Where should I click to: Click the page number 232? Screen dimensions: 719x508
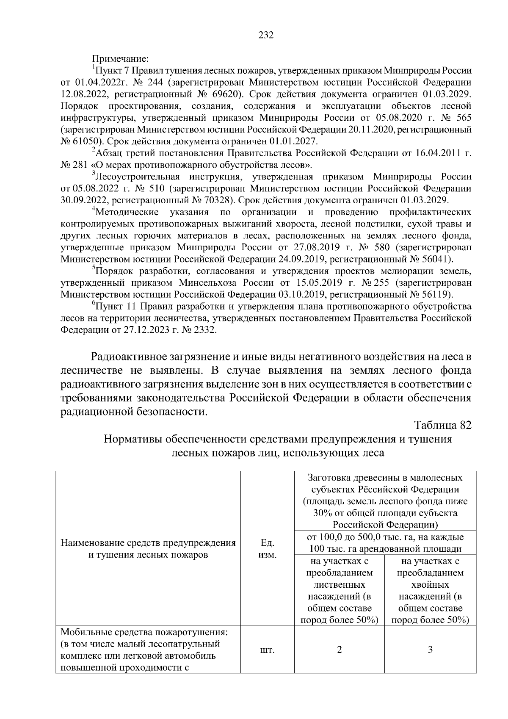point(266,35)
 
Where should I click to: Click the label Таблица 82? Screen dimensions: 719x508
point(443,425)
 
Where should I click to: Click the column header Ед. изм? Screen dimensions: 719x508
point(267,549)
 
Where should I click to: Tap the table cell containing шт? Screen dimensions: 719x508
point(267,650)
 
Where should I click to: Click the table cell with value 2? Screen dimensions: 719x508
point(339,650)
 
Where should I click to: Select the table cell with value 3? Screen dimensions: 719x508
point(430,650)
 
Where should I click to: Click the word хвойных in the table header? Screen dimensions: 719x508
point(430,585)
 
